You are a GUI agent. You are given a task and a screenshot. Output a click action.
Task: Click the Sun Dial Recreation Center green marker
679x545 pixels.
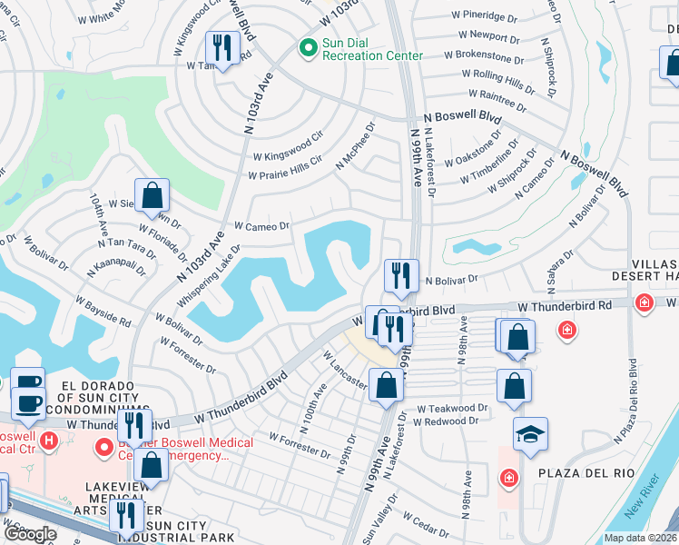click(308, 46)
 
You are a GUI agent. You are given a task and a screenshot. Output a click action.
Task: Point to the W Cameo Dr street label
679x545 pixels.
click(261, 225)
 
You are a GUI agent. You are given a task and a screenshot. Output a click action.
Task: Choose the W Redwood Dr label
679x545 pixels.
click(446, 421)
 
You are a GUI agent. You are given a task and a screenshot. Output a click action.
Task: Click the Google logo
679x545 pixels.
click(31, 534)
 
